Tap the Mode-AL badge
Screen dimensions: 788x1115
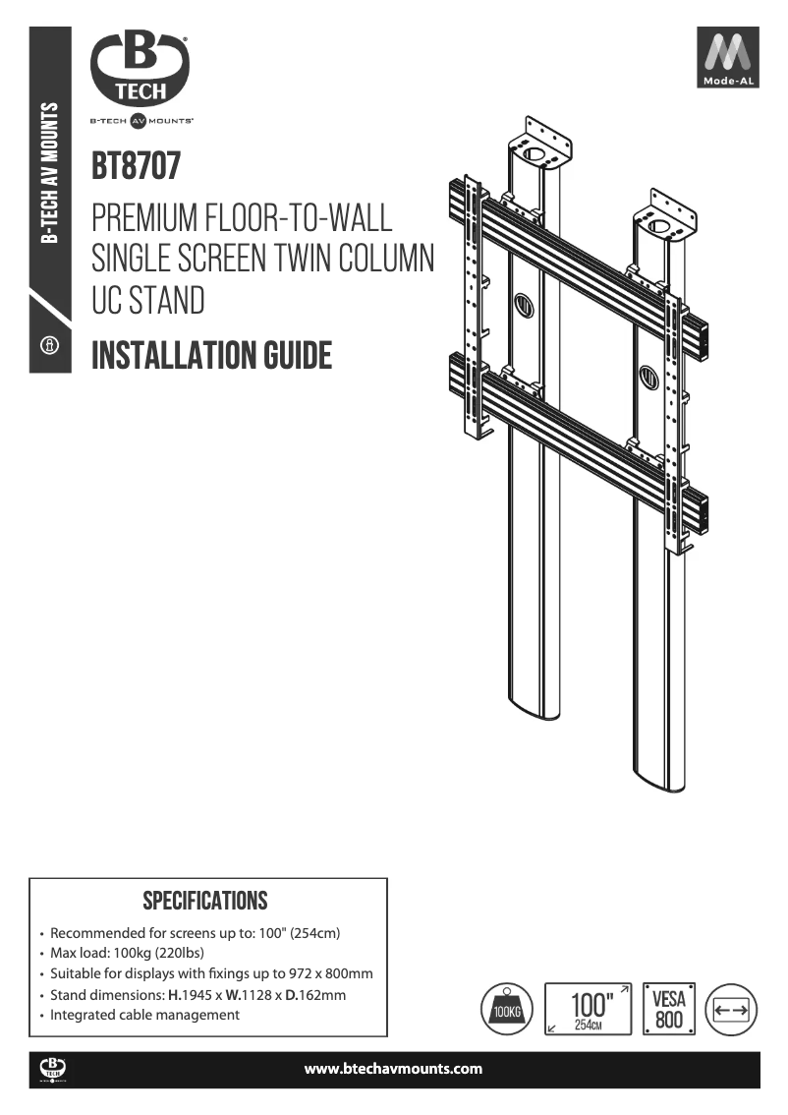click(729, 58)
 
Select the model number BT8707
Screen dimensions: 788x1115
click(136, 166)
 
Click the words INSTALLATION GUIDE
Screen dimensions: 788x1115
click(211, 355)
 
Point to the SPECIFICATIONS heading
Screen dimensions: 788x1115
click(205, 901)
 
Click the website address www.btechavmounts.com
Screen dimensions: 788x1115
click(393, 1069)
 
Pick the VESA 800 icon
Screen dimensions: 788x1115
click(669, 1009)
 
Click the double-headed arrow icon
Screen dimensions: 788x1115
click(732, 1009)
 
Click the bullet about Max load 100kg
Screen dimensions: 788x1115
click(127, 954)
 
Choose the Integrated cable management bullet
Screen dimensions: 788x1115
click(144, 1015)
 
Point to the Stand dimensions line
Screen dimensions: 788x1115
click(197, 995)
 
